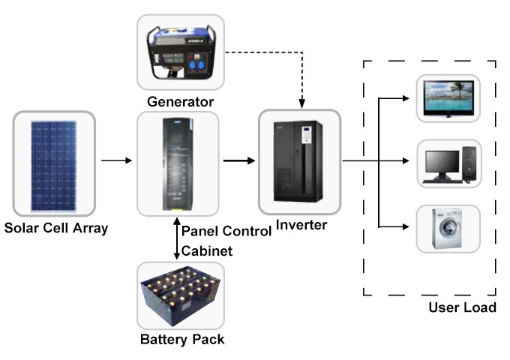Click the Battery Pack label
[x=181, y=339]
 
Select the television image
[x=448, y=98]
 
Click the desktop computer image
[x=448, y=163]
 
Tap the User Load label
[x=461, y=308]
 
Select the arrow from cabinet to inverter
[x=238, y=160]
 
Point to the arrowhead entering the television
[x=407, y=98]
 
